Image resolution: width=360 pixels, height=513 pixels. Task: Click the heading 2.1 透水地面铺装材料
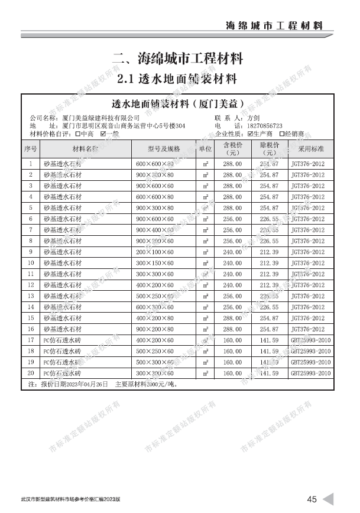click(177, 79)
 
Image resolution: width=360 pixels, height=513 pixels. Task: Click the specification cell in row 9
click(155, 252)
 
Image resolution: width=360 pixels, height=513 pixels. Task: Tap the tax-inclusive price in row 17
click(232, 340)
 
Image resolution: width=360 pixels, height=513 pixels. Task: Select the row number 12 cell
click(31, 285)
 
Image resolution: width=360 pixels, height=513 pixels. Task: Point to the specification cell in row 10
click(155, 263)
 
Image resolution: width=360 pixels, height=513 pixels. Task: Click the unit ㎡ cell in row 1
click(205, 163)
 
